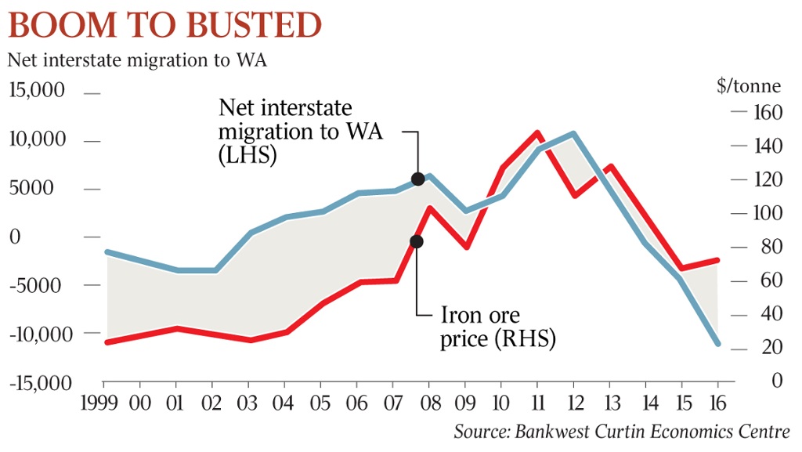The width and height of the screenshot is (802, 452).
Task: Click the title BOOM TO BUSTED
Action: [164, 27]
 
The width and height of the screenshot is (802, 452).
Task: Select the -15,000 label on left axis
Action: [41, 383]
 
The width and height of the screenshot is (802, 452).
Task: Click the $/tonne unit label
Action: [748, 86]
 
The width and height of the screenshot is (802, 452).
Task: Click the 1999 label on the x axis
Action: [103, 403]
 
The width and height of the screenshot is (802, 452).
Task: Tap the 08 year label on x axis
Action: [429, 403]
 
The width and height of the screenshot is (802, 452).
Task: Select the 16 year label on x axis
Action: [717, 403]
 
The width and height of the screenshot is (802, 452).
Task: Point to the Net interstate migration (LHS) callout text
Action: [300, 131]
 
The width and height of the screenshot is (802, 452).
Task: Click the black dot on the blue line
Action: [417, 179]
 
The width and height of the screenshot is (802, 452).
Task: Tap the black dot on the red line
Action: [417, 241]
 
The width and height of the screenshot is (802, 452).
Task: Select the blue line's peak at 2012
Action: [573, 134]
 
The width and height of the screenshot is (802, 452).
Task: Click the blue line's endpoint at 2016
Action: [717, 344]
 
